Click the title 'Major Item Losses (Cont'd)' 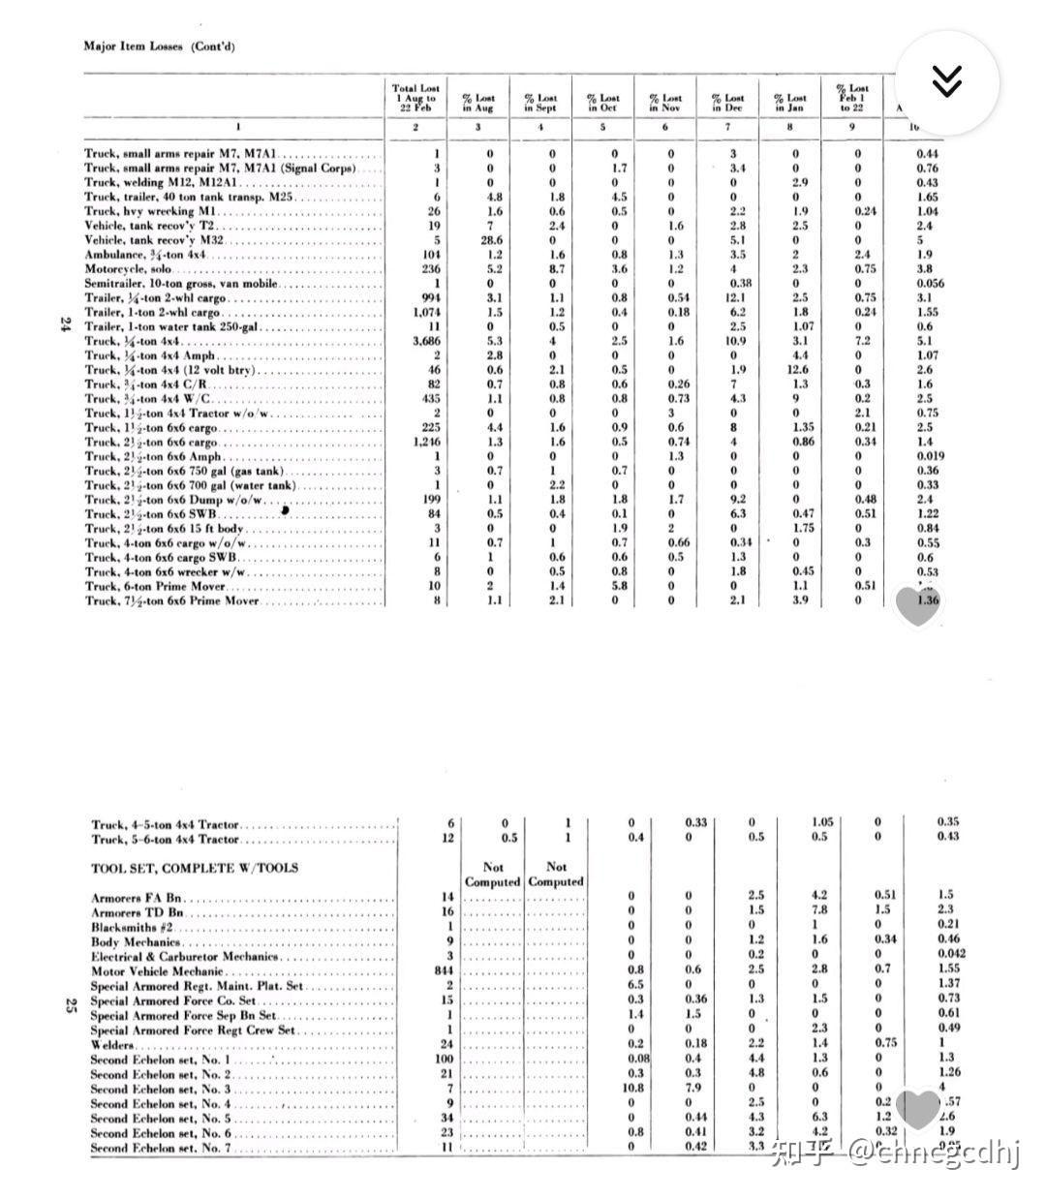coord(159,46)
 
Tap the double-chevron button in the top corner coord(946,81)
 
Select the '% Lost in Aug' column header coord(478,103)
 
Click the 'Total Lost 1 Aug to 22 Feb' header coord(415,98)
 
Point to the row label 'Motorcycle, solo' coord(128,269)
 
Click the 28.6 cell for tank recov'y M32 coord(490,240)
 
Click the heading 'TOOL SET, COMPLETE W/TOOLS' coord(195,868)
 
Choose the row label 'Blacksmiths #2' coord(132,927)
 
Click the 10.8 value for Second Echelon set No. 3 coord(633,1089)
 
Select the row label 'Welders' coord(112,1045)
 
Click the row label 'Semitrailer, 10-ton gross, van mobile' coord(181,284)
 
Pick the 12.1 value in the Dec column coord(734,297)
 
